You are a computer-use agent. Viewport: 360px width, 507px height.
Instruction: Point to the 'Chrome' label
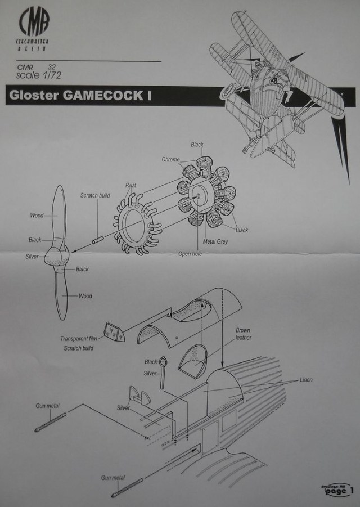pyautogui.click(x=170, y=160)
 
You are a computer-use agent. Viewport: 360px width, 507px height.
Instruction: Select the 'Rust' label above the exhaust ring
pyautogui.click(x=130, y=185)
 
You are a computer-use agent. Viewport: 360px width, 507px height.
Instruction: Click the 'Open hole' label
pyautogui.click(x=191, y=254)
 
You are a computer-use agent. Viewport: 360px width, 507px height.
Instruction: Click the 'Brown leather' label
pyautogui.click(x=244, y=334)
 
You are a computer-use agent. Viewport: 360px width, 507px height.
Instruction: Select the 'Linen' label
pyautogui.click(x=306, y=380)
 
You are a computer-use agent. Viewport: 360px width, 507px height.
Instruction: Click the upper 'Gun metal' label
pyautogui.click(x=48, y=405)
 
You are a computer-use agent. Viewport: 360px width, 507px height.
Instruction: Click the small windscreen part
pyautogui.click(x=114, y=333)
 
